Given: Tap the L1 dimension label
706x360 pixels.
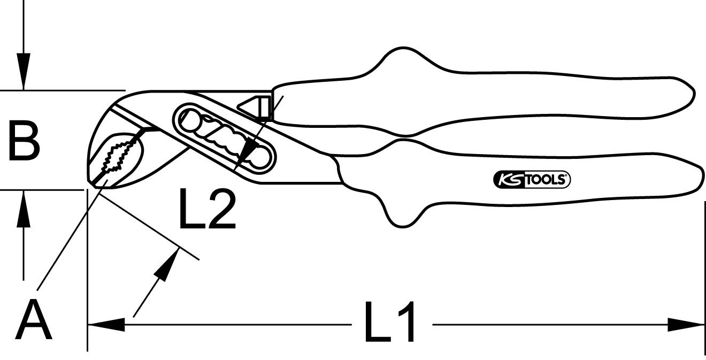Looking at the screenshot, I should point(391,322).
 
